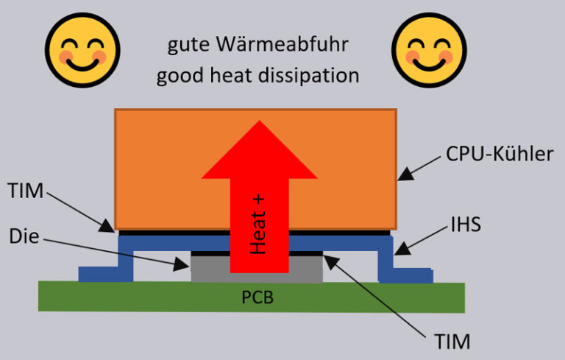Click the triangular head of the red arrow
coord(259,151)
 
